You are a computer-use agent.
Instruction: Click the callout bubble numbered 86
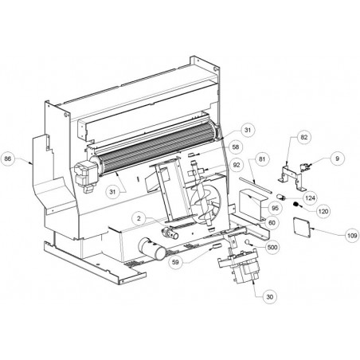pyautogui.click(x=8, y=159)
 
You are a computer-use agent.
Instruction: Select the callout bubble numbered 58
pyautogui.click(x=236, y=147)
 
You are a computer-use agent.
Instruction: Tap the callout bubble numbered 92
pyautogui.click(x=237, y=165)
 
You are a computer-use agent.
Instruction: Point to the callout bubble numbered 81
pyautogui.click(x=262, y=159)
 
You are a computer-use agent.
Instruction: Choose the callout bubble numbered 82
pyautogui.click(x=304, y=137)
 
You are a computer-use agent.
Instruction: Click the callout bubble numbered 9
pyautogui.click(x=337, y=158)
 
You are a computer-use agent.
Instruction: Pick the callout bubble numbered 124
pyautogui.click(x=310, y=198)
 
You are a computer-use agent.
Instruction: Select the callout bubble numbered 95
pyautogui.click(x=275, y=208)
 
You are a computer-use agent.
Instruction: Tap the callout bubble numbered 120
pyautogui.click(x=323, y=212)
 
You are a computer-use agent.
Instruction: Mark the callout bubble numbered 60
pyautogui.click(x=272, y=223)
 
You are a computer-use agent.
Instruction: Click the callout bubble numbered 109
pyautogui.click(x=353, y=235)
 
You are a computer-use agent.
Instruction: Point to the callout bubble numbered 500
pyautogui.click(x=272, y=248)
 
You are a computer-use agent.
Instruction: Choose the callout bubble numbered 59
pyautogui.click(x=175, y=262)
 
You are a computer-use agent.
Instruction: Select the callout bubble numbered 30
pyautogui.click(x=269, y=296)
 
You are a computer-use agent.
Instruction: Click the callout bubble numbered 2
pyautogui.click(x=139, y=218)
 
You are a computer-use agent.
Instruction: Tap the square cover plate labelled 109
pyautogui.click(x=302, y=227)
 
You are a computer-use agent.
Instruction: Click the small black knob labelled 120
pyautogui.click(x=295, y=205)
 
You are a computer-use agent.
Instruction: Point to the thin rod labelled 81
pyautogui.click(x=256, y=185)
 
